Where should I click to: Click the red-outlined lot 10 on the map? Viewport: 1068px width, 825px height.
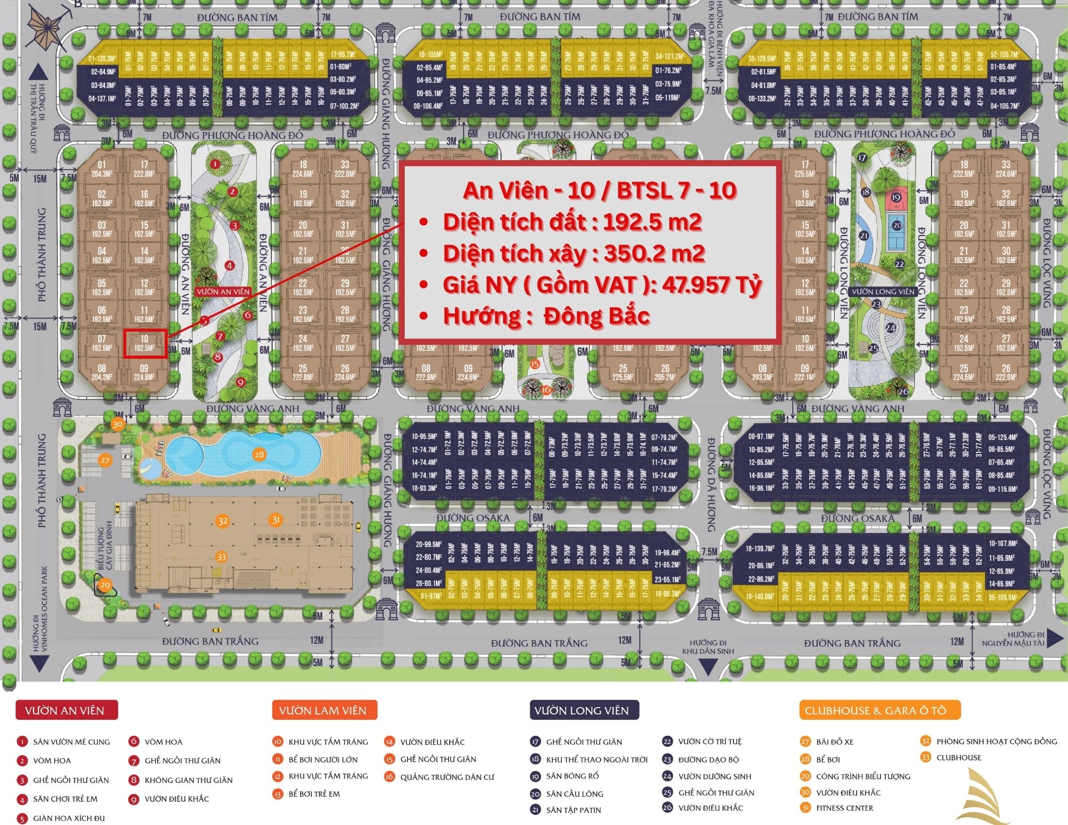coord(145,343)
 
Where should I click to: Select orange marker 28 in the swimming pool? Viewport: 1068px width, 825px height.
coord(259,454)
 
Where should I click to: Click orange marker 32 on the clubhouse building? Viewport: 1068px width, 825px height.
coord(223,521)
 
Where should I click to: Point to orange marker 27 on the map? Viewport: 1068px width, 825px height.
coord(105,460)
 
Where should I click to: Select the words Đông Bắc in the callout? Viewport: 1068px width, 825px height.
coord(596,317)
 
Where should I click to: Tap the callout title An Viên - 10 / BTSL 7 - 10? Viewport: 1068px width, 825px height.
coord(600,191)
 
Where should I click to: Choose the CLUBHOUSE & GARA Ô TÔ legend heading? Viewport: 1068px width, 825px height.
coord(879,710)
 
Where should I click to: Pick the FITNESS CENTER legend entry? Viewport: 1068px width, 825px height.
coord(844,808)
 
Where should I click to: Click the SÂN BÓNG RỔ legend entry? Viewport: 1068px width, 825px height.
coord(572,776)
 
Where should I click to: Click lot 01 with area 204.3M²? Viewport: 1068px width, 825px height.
coord(101,169)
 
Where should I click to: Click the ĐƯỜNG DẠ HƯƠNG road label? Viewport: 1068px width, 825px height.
coord(711,485)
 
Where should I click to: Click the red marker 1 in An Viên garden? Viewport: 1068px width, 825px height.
coord(215,164)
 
